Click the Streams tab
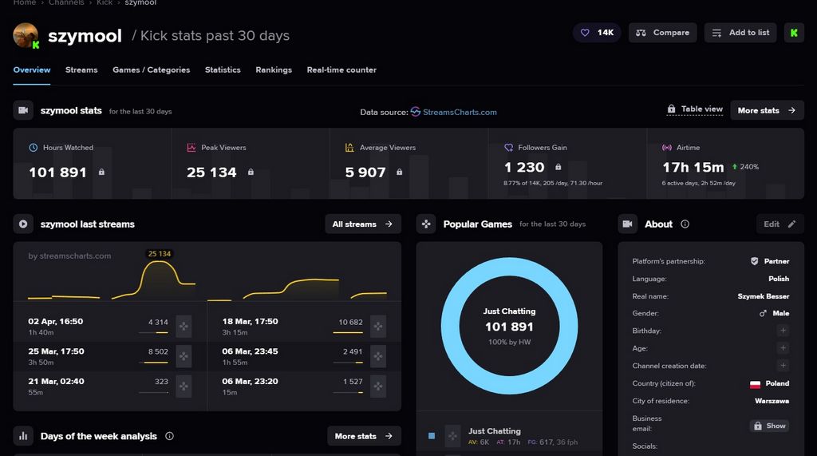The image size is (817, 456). pyautogui.click(x=81, y=70)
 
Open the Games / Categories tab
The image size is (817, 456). pyautogui.click(x=151, y=70)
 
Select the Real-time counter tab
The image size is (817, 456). pyautogui.click(x=341, y=70)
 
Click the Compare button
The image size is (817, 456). pyautogui.click(x=662, y=33)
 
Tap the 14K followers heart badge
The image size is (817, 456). pyautogui.click(x=597, y=33)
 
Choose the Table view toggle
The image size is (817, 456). pyautogui.click(x=694, y=109)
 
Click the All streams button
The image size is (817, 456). pyautogui.click(x=362, y=224)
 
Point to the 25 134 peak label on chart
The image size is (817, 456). pyautogui.click(x=160, y=254)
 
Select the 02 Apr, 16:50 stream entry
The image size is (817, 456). pyautogui.click(x=56, y=322)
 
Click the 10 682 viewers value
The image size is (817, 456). pyautogui.click(x=350, y=322)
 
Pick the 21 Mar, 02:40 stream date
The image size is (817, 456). pyautogui.click(x=56, y=382)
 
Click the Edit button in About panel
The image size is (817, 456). pyautogui.click(x=780, y=224)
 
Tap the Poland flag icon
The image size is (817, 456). pyautogui.click(x=755, y=384)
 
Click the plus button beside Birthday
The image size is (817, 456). pyautogui.click(x=783, y=331)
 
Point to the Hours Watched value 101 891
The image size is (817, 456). pyautogui.click(x=57, y=172)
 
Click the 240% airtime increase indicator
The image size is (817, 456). pyautogui.click(x=744, y=167)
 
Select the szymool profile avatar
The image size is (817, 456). pyautogui.click(x=26, y=36)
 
